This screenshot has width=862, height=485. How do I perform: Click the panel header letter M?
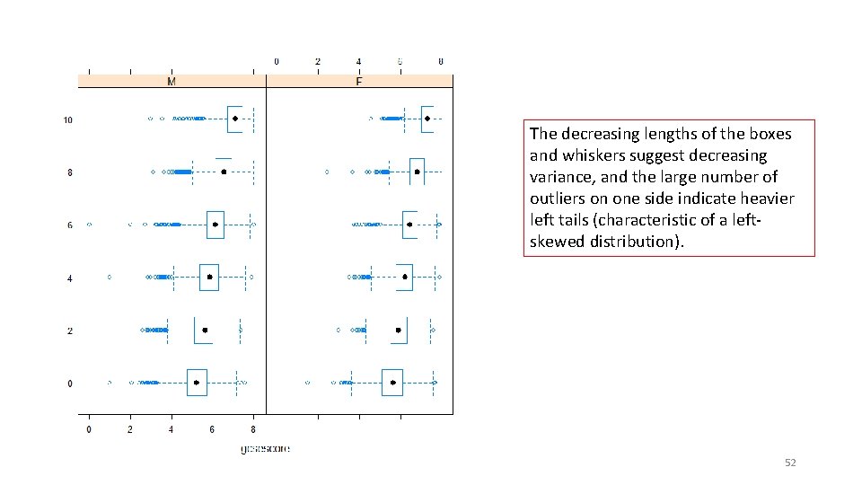[x=172, y=82]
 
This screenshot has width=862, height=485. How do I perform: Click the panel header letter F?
[x=359, y=82]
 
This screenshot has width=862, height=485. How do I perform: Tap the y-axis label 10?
[x=68, y=119]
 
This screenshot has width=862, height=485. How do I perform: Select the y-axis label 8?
[x=70, y=172]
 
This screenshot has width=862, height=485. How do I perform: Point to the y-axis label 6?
[x=70, y=225]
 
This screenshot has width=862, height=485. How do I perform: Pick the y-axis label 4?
[x=70, y=278]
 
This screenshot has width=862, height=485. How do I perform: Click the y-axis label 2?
[x=70, y=331]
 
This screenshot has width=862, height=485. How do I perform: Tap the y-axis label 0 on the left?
[x=70, y=384]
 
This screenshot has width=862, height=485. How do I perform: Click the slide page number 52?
[x=790, y=463]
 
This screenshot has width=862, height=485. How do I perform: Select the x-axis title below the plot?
[x=265, y=448]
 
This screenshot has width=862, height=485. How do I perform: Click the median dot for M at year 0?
[x=197, y=383]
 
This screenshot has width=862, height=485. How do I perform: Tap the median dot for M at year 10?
[x=235, y=119]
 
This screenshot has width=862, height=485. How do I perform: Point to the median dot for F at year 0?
[x=393, y=383]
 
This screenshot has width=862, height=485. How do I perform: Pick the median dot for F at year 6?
[x=409, y=225]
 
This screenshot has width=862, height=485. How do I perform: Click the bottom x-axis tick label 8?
[x=253, y=430]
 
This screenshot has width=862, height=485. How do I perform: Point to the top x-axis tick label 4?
[x=358, y=61]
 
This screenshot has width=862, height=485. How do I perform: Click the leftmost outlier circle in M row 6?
[x=89, y=225]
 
